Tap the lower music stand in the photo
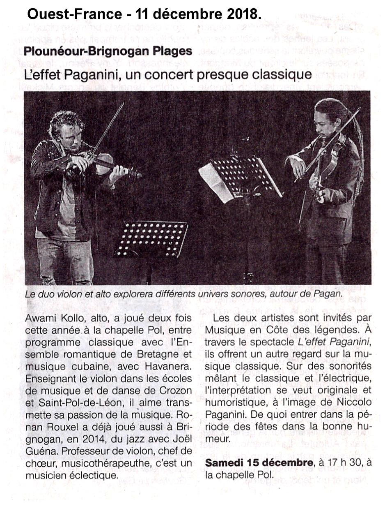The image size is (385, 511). coord(152,239)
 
